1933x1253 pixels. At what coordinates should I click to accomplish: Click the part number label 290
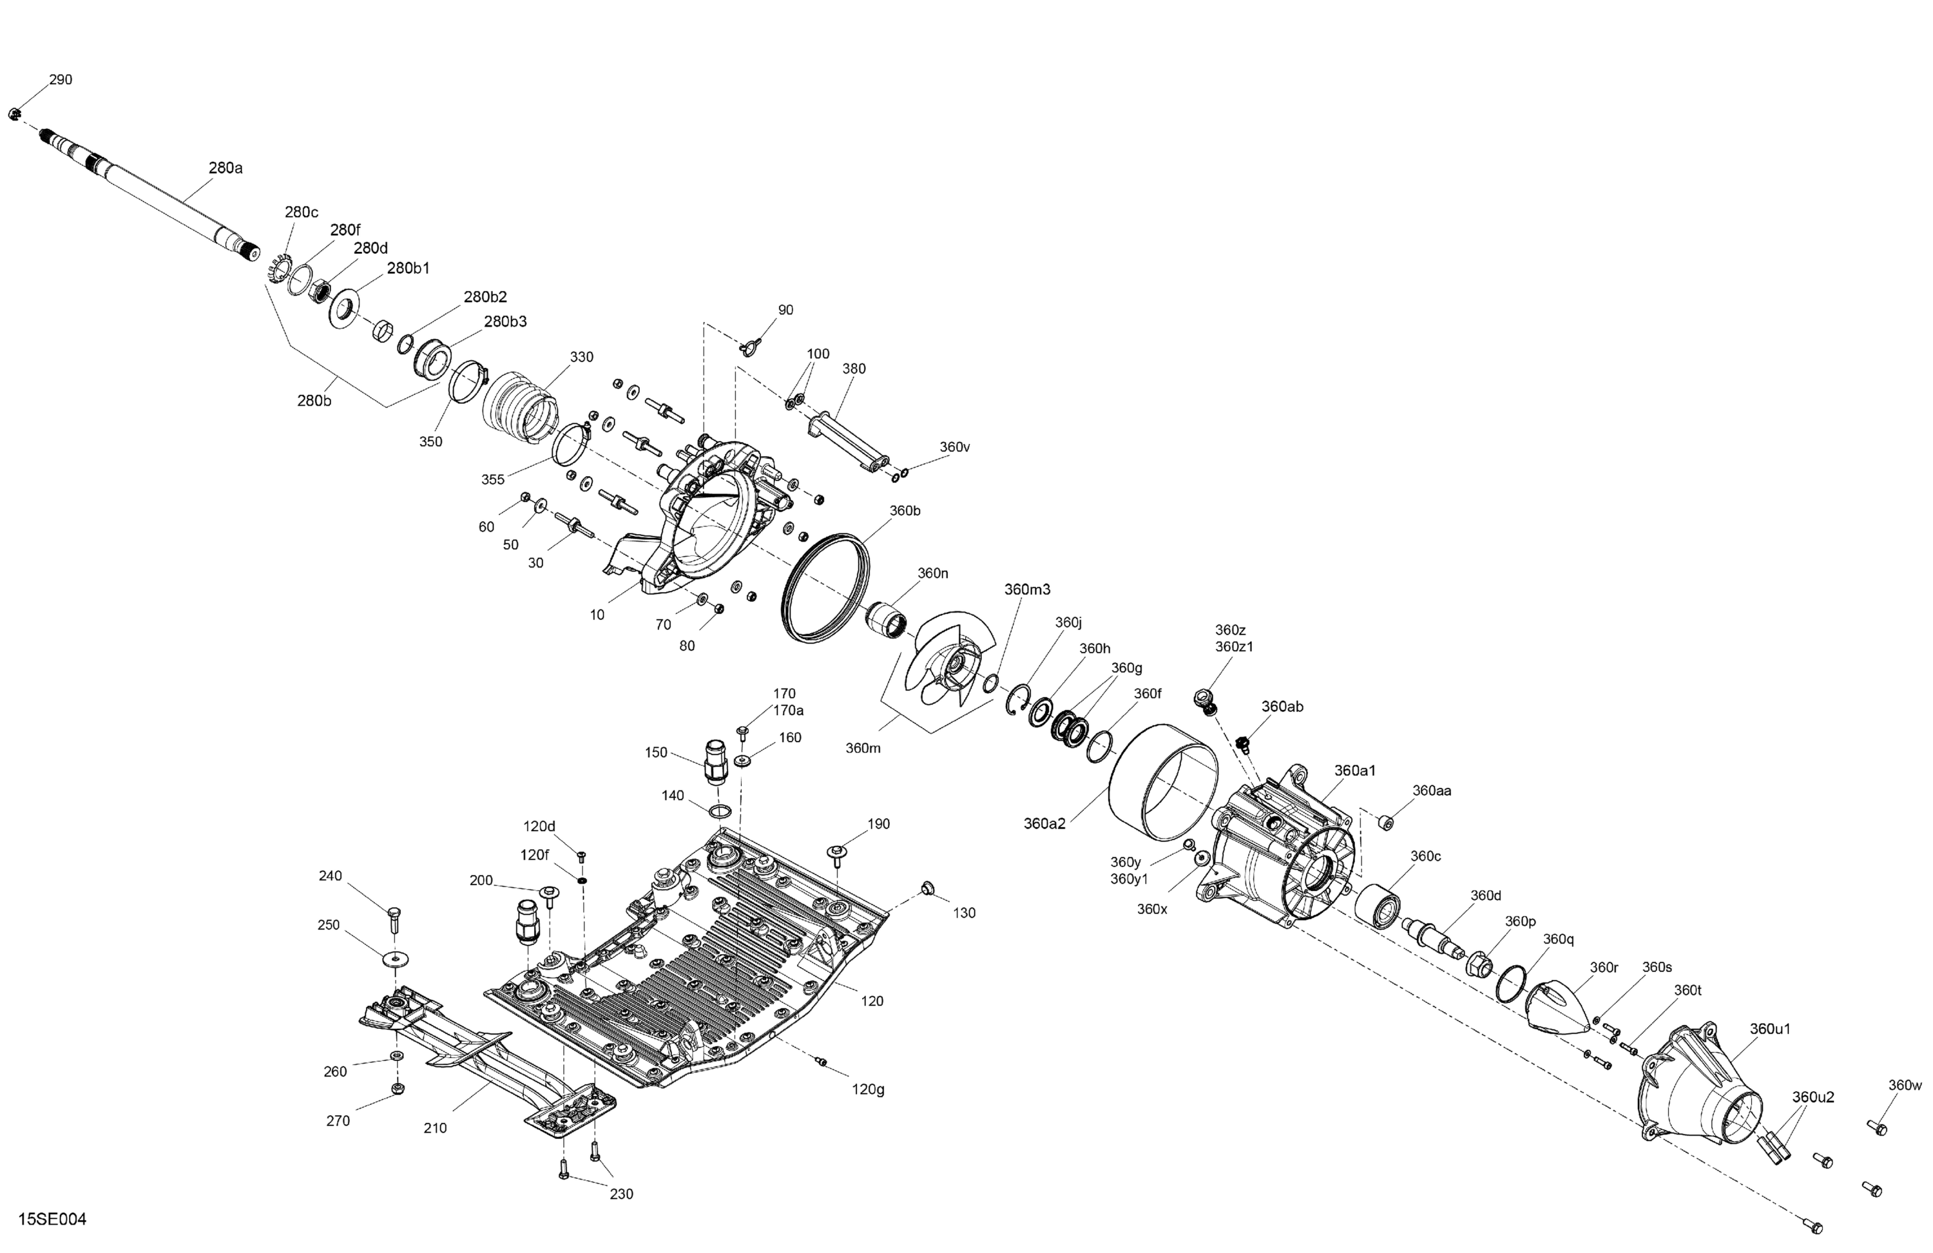point(61,80)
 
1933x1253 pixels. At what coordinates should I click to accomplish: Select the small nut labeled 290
point(14,113)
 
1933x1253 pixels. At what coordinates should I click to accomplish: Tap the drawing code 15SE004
point(52,1219)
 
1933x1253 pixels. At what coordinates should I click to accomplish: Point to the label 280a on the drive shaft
point(226,168)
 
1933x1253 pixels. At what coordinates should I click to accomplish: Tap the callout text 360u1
point(1771,1029)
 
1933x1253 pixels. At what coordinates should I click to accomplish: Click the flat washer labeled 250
point(396,959)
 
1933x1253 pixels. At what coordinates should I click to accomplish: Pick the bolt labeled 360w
point(1877,1128)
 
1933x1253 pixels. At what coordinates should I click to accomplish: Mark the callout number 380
point(854,368)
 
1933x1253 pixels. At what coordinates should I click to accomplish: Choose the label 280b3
point(505,321)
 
